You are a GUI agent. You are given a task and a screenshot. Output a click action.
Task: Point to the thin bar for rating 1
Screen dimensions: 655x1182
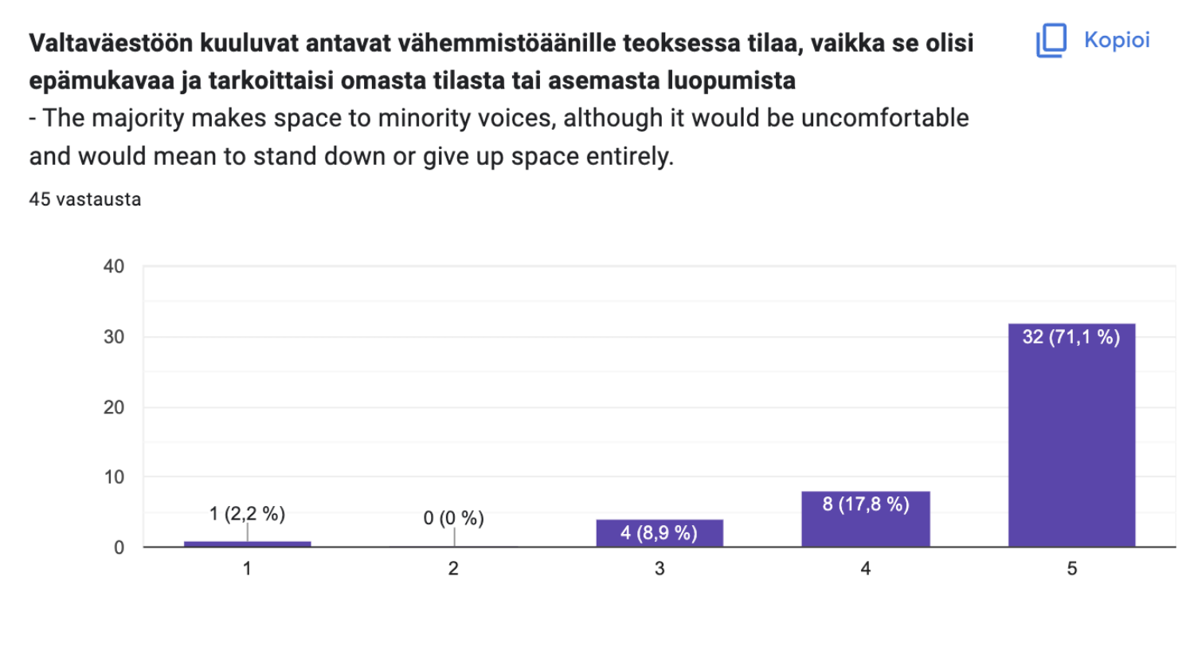click(x=247, y=543)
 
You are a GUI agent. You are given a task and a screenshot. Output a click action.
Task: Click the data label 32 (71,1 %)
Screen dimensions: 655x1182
click(x=1071, y=337)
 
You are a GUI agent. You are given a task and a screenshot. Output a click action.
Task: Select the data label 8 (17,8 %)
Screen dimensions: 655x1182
click(x=866, y=504)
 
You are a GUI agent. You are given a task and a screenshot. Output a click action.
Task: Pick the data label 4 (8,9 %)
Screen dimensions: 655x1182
click(x=659, y=532)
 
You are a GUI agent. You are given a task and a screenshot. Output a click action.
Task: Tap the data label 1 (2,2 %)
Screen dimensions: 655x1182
click(x=247, y=514)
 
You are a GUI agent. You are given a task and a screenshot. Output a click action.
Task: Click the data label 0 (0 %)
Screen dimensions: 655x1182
click(x=453, y=518)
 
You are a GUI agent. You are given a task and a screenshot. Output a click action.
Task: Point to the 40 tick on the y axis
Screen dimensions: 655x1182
click(x=114, y=266)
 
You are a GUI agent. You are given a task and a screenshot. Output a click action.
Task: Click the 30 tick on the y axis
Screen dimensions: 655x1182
click(x=114, y=337)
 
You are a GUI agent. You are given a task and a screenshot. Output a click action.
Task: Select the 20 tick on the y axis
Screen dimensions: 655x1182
click(x=114, y=407)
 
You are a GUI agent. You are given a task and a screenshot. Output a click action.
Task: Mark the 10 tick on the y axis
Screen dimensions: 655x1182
click(x=114, y=477)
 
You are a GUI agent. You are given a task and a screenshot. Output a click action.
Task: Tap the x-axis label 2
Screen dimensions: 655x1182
click(x=453, y=568)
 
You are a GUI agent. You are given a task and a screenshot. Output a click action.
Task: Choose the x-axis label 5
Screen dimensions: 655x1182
click(x=1071, y=568)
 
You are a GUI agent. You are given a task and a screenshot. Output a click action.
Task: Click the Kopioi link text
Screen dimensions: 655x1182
click(x=1117, y=40)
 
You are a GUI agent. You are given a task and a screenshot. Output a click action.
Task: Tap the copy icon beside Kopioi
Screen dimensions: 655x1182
click(x=1051, y=40)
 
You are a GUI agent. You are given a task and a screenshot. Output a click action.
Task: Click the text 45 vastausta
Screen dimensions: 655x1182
click(x=85, y=199)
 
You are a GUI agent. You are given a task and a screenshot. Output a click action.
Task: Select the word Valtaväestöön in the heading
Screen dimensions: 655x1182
click(x=111, y=43)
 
